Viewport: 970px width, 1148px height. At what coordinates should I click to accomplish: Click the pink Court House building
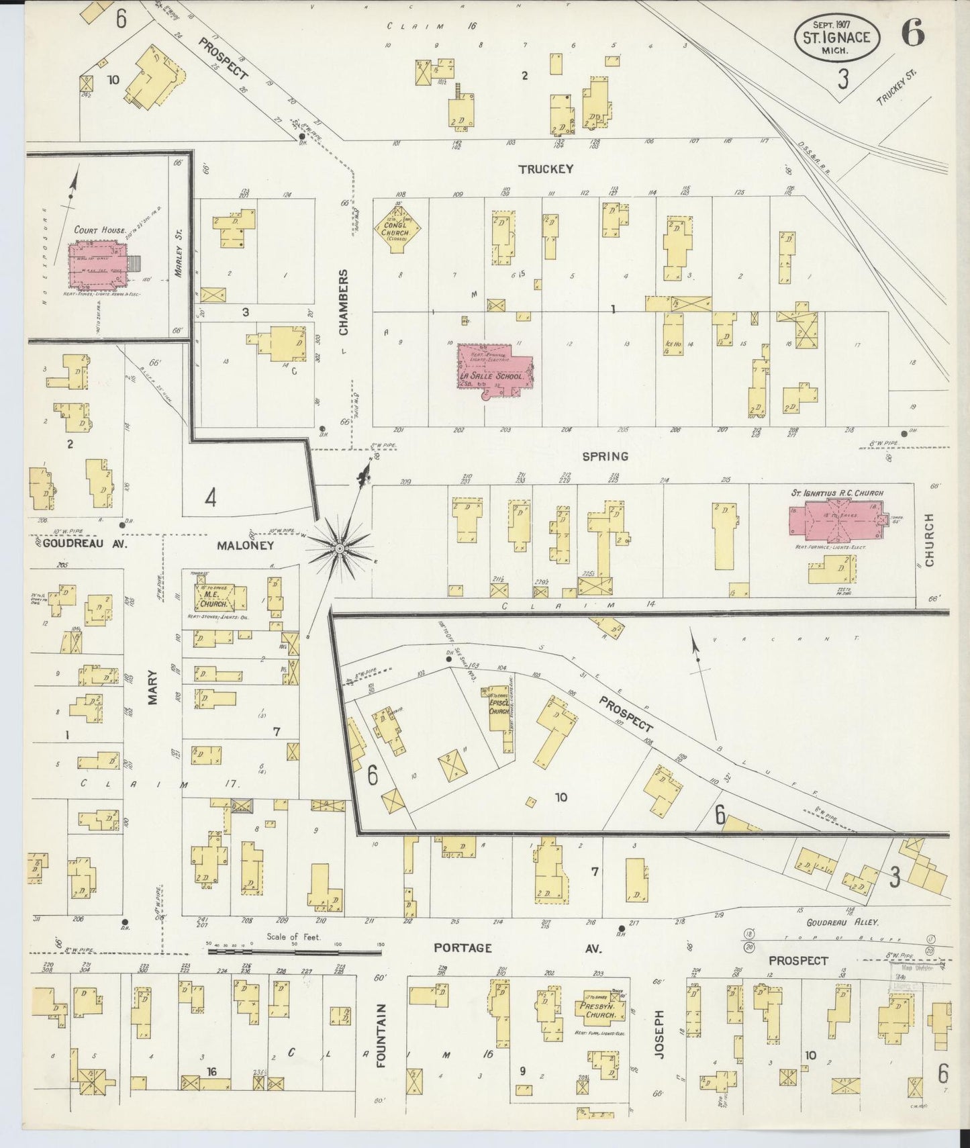point(99,264)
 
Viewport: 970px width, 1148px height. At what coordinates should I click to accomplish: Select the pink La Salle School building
point(493,369)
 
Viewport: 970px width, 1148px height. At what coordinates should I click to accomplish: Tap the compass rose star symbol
point(340,550)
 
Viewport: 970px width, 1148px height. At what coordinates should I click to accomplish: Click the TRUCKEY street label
point(546,169)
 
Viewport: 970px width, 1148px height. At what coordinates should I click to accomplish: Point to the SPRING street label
point(605,456)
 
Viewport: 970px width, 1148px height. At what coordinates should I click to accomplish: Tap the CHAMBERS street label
point(343,302)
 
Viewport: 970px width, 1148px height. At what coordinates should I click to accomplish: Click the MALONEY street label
point(245,546)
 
